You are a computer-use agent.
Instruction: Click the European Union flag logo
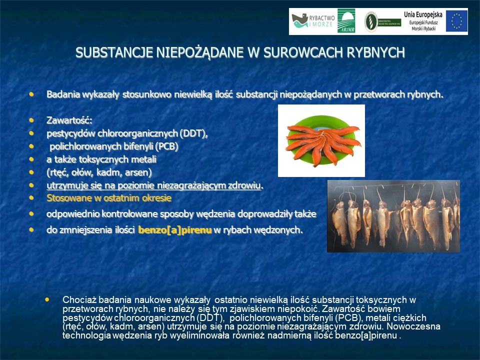tap(456, 21)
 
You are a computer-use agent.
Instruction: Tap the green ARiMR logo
tap(346, 21)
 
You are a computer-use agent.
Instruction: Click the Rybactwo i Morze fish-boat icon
tap(299, 21)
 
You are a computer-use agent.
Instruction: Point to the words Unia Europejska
tap(423, 14)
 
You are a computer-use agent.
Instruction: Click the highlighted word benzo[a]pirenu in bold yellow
tap(175, 230)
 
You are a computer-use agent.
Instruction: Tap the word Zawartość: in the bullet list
tap(69, 120)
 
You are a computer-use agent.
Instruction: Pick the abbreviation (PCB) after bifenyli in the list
tap(166, 146)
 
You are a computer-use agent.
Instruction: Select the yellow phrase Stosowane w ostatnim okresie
tap(109, 198)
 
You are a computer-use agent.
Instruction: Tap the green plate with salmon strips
tap(321, 140)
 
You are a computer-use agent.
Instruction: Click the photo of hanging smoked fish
tap(393, 216)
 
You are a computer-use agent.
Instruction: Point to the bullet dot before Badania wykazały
tap(31, 94)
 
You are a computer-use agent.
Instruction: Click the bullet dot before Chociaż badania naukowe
tap(47, 299)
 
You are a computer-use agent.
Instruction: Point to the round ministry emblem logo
tap(370, 21)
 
